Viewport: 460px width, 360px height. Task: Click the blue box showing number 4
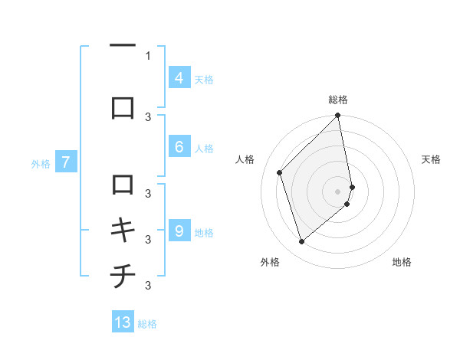pos(179,77)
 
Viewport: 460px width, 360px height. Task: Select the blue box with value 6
pos(179,147)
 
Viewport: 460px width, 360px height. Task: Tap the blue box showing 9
pos(179,231)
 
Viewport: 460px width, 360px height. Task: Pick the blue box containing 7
pos(66,162)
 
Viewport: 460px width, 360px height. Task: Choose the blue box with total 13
pos(123,322)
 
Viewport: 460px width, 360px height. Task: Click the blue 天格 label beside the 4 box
pos(204,79)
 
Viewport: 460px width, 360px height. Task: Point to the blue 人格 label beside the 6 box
pos(204,149)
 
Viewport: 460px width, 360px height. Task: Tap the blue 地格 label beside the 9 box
pos(204,233)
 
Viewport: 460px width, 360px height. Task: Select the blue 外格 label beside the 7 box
pos(41,163)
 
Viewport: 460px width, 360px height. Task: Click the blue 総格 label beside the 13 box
pos(147,324)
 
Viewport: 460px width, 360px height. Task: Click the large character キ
pos(123,231)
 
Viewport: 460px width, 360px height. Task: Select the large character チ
pos(123,277)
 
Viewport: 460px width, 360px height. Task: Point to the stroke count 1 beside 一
pos(148,55)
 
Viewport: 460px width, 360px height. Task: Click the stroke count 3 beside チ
pos(148,286)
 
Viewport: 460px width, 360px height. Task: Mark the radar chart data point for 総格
pos(337,116)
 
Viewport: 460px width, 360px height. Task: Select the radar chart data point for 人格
pos(280,172)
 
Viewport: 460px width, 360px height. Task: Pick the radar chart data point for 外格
pos(301,242)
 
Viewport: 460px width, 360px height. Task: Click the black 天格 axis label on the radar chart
pos(431,159)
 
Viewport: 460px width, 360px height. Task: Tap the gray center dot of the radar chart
pos(338,191)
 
